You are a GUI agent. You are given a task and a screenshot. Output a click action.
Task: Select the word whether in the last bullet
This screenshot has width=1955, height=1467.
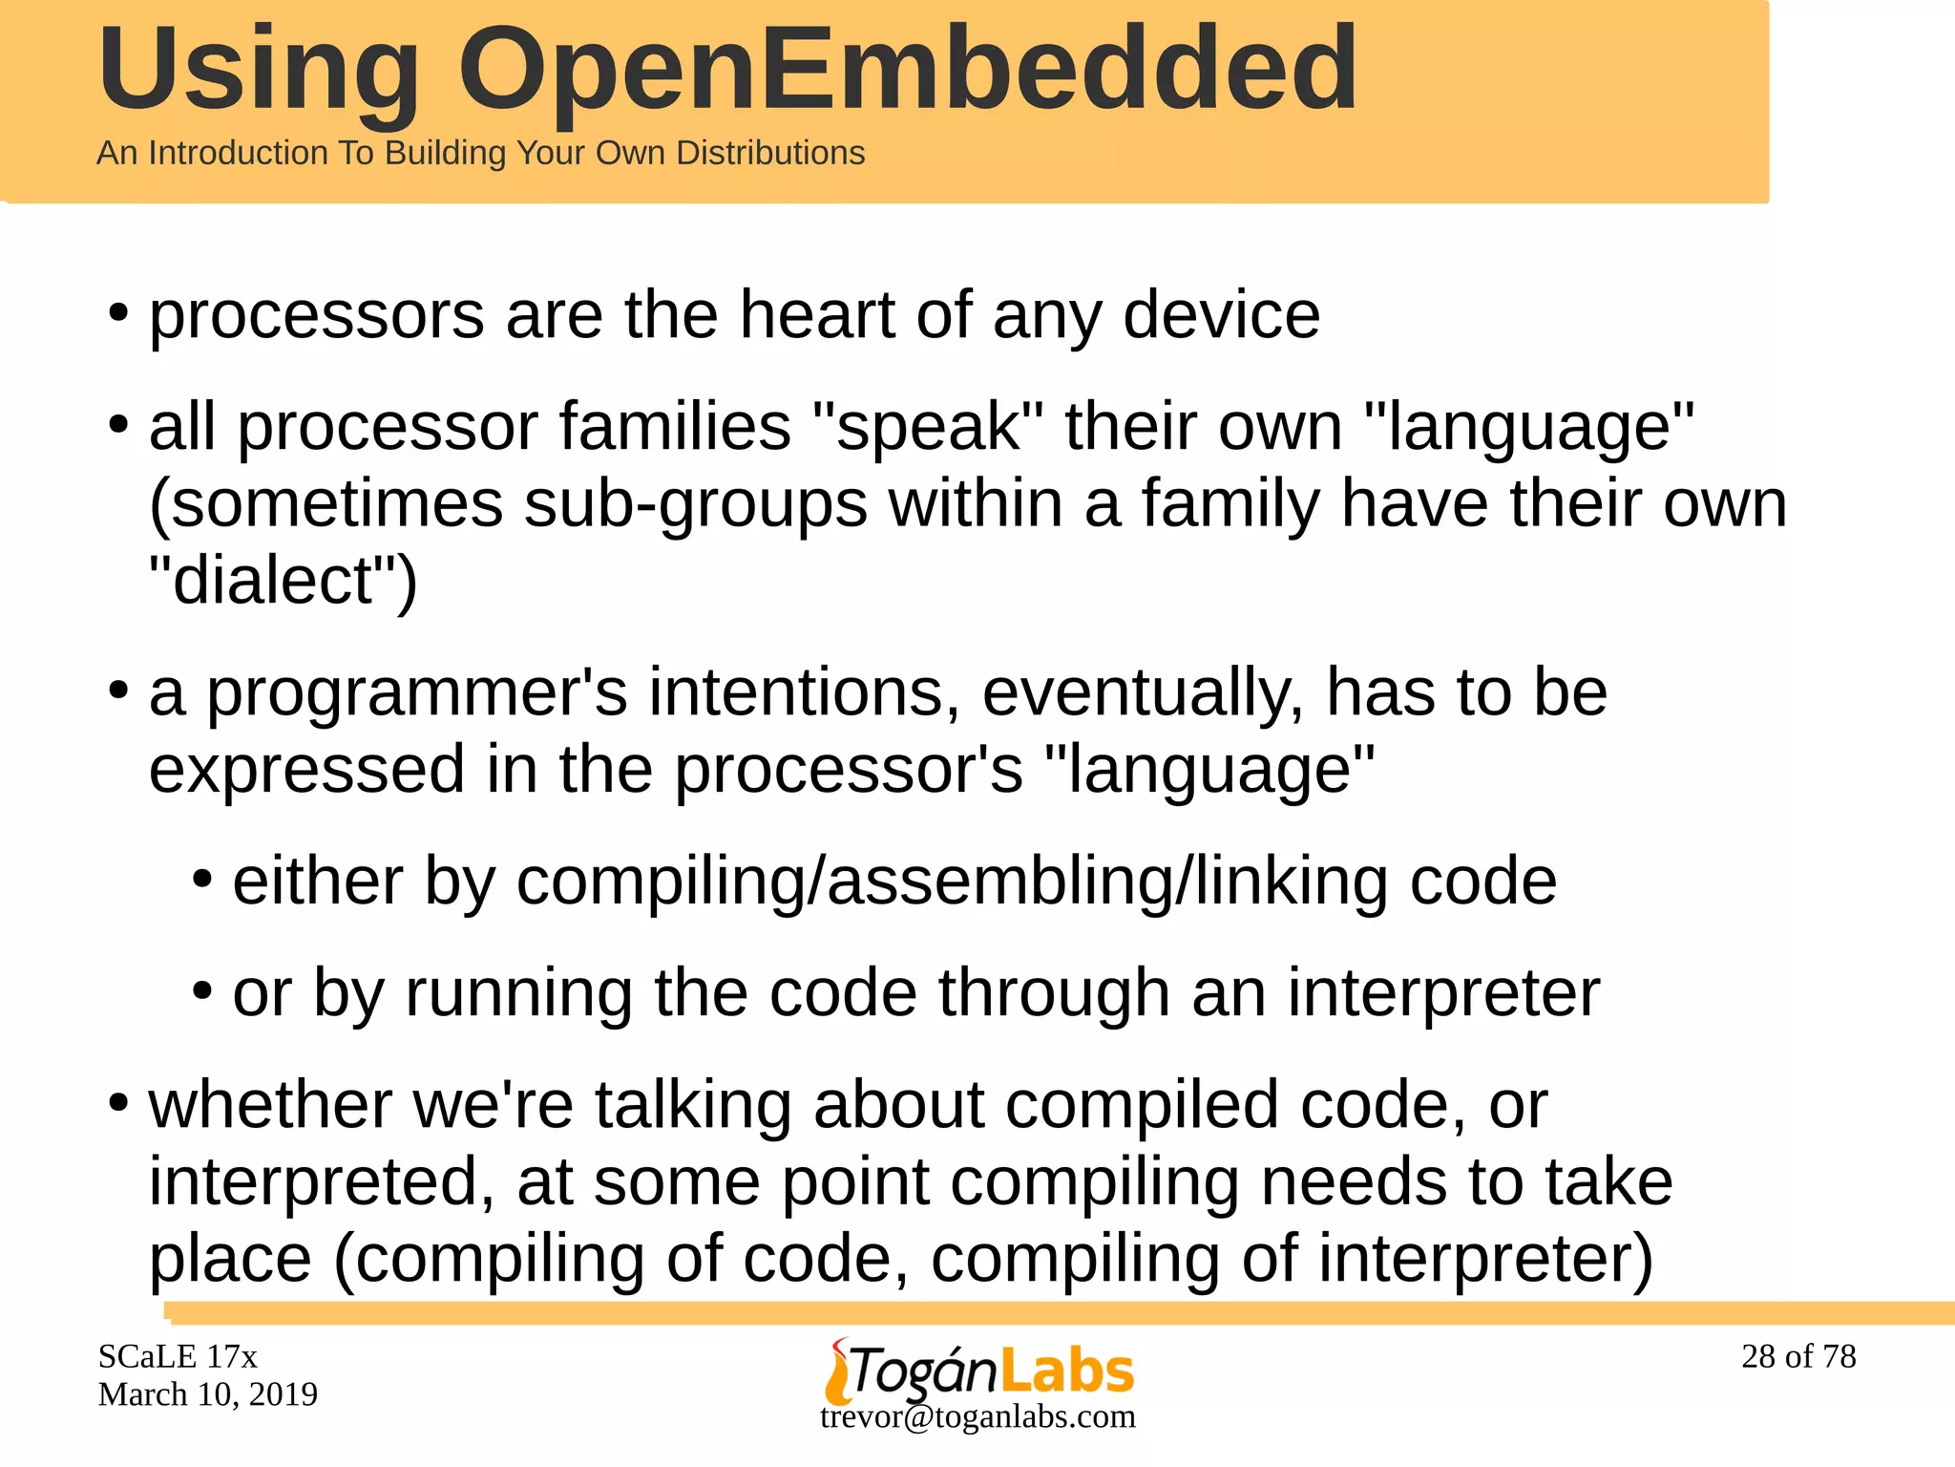tap(270, 1105)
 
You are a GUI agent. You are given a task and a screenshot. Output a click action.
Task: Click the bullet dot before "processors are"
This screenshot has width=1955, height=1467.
tap(118, 313)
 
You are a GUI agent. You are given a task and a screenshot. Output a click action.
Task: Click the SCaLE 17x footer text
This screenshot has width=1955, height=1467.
tap(178, 1356)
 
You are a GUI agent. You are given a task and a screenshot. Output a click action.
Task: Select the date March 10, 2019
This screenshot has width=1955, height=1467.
tap(207, 1394)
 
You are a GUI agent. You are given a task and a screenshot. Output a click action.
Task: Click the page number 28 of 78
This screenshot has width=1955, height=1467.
tap(1798, 1356)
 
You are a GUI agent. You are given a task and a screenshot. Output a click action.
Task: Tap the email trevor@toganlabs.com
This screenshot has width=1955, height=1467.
tap(977, 1416)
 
